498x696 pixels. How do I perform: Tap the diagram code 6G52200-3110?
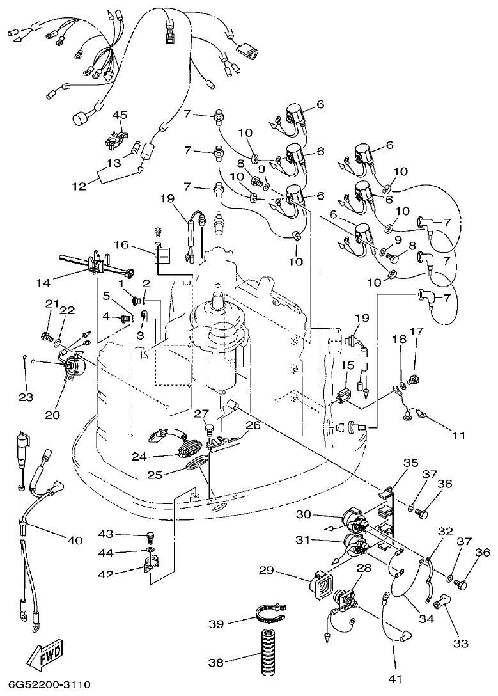(45, 685)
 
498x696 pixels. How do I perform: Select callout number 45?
(120, 115)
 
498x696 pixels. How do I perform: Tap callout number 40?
(75, 541)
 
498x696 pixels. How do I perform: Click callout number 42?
(105, 574)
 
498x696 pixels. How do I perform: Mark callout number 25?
(155, 474)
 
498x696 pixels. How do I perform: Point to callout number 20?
(51, 415)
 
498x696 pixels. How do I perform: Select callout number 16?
(122, 245)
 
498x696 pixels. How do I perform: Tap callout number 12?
(79, 186)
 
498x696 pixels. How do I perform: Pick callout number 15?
(347, 365)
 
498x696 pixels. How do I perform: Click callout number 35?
(410, 463)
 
